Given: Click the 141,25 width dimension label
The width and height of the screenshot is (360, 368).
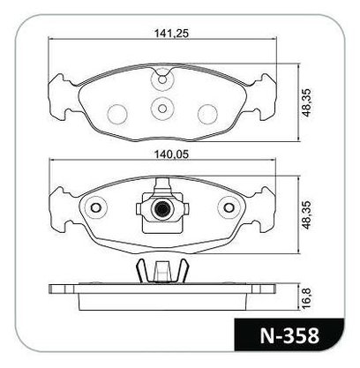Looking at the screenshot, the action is click(x=171, y=34).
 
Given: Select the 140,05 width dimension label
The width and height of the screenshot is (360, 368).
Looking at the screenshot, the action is click(x=171, y=154).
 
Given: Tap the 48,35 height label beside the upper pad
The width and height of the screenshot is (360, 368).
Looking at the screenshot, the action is click(x=307, y=102).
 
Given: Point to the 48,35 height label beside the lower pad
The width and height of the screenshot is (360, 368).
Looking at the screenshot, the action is click(x=307, y=215).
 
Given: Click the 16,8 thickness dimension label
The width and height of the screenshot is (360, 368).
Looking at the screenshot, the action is click(x=307, y=298).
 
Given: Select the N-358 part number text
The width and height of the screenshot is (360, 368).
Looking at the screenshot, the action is click(x=289, y=335).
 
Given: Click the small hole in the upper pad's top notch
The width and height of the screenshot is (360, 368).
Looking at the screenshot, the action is click(x=162, y=79).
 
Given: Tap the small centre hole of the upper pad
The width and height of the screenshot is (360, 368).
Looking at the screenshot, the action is click(x=162, y=109).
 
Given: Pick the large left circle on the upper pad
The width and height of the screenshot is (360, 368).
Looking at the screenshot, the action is click(x=117, y=114).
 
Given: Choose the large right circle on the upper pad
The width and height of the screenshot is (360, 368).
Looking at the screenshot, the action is click(x=207, y=114).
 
